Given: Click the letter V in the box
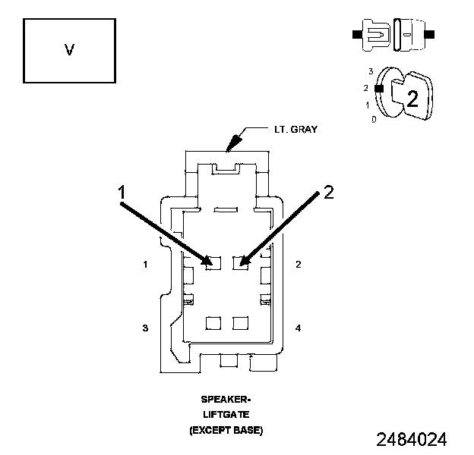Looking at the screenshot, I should [x=69, y=50].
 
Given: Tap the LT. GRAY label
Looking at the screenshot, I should [x=295, y=129].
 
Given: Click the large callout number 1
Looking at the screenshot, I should [x=122, y=193].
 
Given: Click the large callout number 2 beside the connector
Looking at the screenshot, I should [x=328, y=192].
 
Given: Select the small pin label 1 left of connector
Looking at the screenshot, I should [x=144, y=265].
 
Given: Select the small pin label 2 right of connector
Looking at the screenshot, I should [x=298, y=265].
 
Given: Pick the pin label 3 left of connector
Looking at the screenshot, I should [x=144, y=328].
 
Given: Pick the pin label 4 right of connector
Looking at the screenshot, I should [x=298, y=328].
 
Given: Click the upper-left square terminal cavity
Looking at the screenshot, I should [x=213, y=263].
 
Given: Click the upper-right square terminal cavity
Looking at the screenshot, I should [x=241, y=263].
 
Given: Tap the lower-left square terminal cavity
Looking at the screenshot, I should [x=213, y=324].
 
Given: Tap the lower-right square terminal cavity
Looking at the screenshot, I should [x=241, y=324].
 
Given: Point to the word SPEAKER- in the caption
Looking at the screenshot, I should [x=226, y=399].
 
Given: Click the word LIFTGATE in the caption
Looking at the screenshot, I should [x=226, y=414].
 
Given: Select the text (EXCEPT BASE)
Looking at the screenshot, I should [x=226, y=430].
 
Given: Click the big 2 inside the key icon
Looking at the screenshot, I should [x=412, y=98].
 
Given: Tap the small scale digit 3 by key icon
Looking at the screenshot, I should [x=371, y=71].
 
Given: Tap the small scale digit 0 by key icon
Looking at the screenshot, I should [x=373, y=119].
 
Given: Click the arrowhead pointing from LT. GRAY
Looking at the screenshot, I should [x=232, y=143].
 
